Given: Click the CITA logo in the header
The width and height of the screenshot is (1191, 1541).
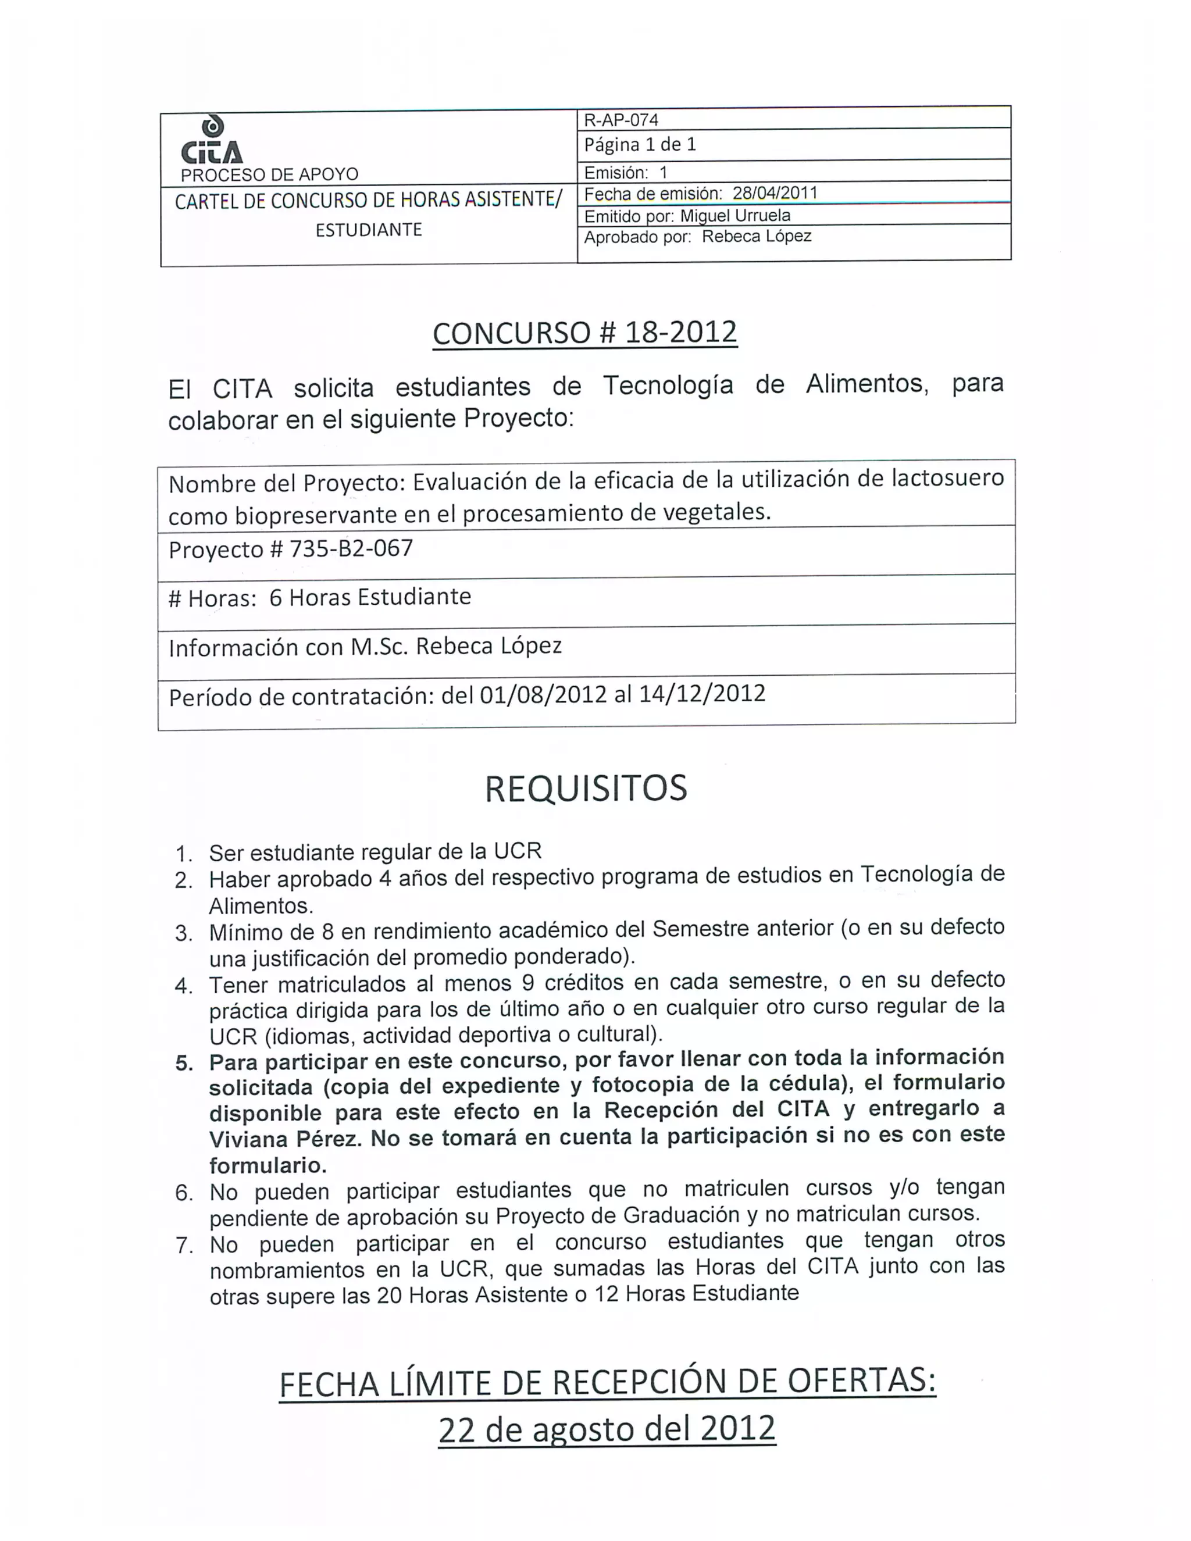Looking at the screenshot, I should pyautogui.click(x=212, y=141).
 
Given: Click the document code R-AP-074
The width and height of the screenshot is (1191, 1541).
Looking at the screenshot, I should pyautogui.click(x=621, y=120).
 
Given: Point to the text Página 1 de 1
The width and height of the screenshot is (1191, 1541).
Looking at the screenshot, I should pyautogui.click(x=640, y=145).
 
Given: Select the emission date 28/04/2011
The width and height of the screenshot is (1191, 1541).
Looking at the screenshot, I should pyautogui.click(x=775, y=192).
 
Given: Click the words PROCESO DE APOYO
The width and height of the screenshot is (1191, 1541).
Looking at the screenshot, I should pyautogui.click(x=269, y=174).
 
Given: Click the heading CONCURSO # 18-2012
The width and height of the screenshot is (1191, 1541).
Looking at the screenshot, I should pyautogui.click(x=585, y=332).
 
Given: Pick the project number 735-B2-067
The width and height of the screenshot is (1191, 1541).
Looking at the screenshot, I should pyautogui.click(x=351, y=548).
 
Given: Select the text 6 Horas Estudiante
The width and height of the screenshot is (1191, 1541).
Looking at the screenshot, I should pyautogui.click(x=370, y=597).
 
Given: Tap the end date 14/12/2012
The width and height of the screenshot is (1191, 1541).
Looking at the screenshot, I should pyautogui.click(x=702, y=694).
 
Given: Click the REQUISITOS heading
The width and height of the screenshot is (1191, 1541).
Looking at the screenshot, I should pyautogui.click(x=586, y=788).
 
